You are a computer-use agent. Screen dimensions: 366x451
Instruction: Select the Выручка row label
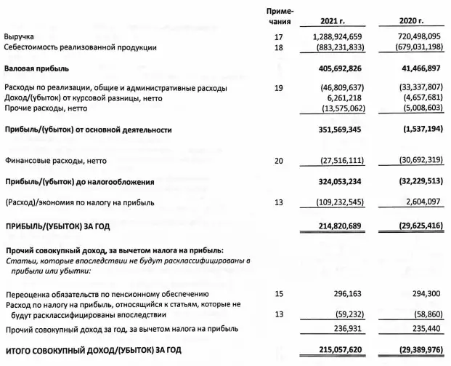point(20,36)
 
